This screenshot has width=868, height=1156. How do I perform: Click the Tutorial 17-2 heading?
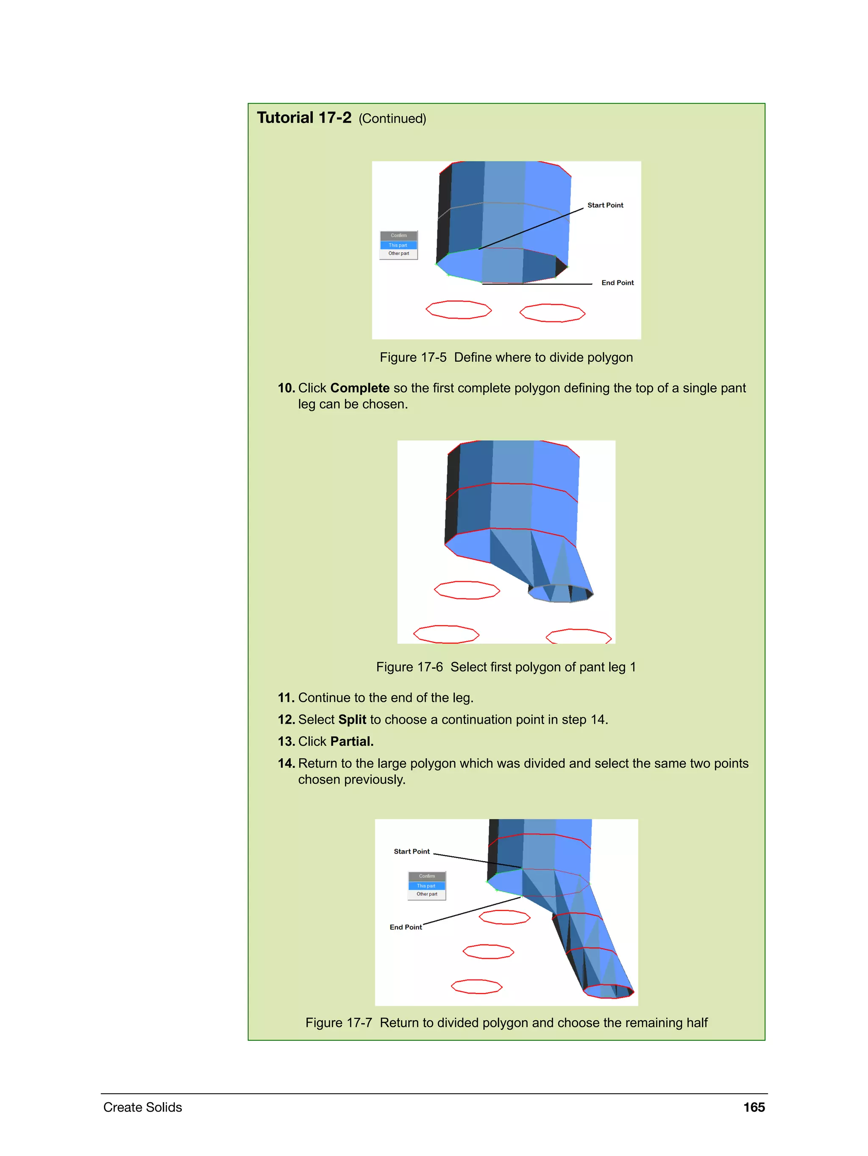coord(304,118)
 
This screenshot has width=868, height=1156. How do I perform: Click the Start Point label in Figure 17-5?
coord(605,205)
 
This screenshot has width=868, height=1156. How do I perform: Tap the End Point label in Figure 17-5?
coord(618,283)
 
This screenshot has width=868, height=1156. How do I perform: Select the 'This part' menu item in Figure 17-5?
coord(398,245)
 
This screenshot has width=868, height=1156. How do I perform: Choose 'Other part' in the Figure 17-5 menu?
coord(398,254)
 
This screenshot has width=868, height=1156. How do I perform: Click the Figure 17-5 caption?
coord(506,357)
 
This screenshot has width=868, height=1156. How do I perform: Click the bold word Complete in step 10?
coord(359,388)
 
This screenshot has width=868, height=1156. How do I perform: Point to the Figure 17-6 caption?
coord(506,667)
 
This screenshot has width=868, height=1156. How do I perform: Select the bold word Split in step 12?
coord(352,720)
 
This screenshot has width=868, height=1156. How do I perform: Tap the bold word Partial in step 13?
coord(351,742)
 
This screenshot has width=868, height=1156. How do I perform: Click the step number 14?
coord(286,763)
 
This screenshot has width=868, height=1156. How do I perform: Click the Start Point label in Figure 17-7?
coord(412,852)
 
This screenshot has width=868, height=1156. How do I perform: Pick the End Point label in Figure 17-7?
coord(405,927)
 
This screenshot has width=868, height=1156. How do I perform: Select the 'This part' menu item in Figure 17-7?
coord(426,886)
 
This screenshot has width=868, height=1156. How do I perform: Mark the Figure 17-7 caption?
coord(506,1023)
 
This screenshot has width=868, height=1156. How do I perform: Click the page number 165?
coord(754,1107)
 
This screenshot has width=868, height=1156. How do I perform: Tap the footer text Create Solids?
coord(142,1107)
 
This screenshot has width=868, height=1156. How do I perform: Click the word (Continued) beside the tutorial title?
coord(392,119)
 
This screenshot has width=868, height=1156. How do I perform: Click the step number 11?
coord(286,698)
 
